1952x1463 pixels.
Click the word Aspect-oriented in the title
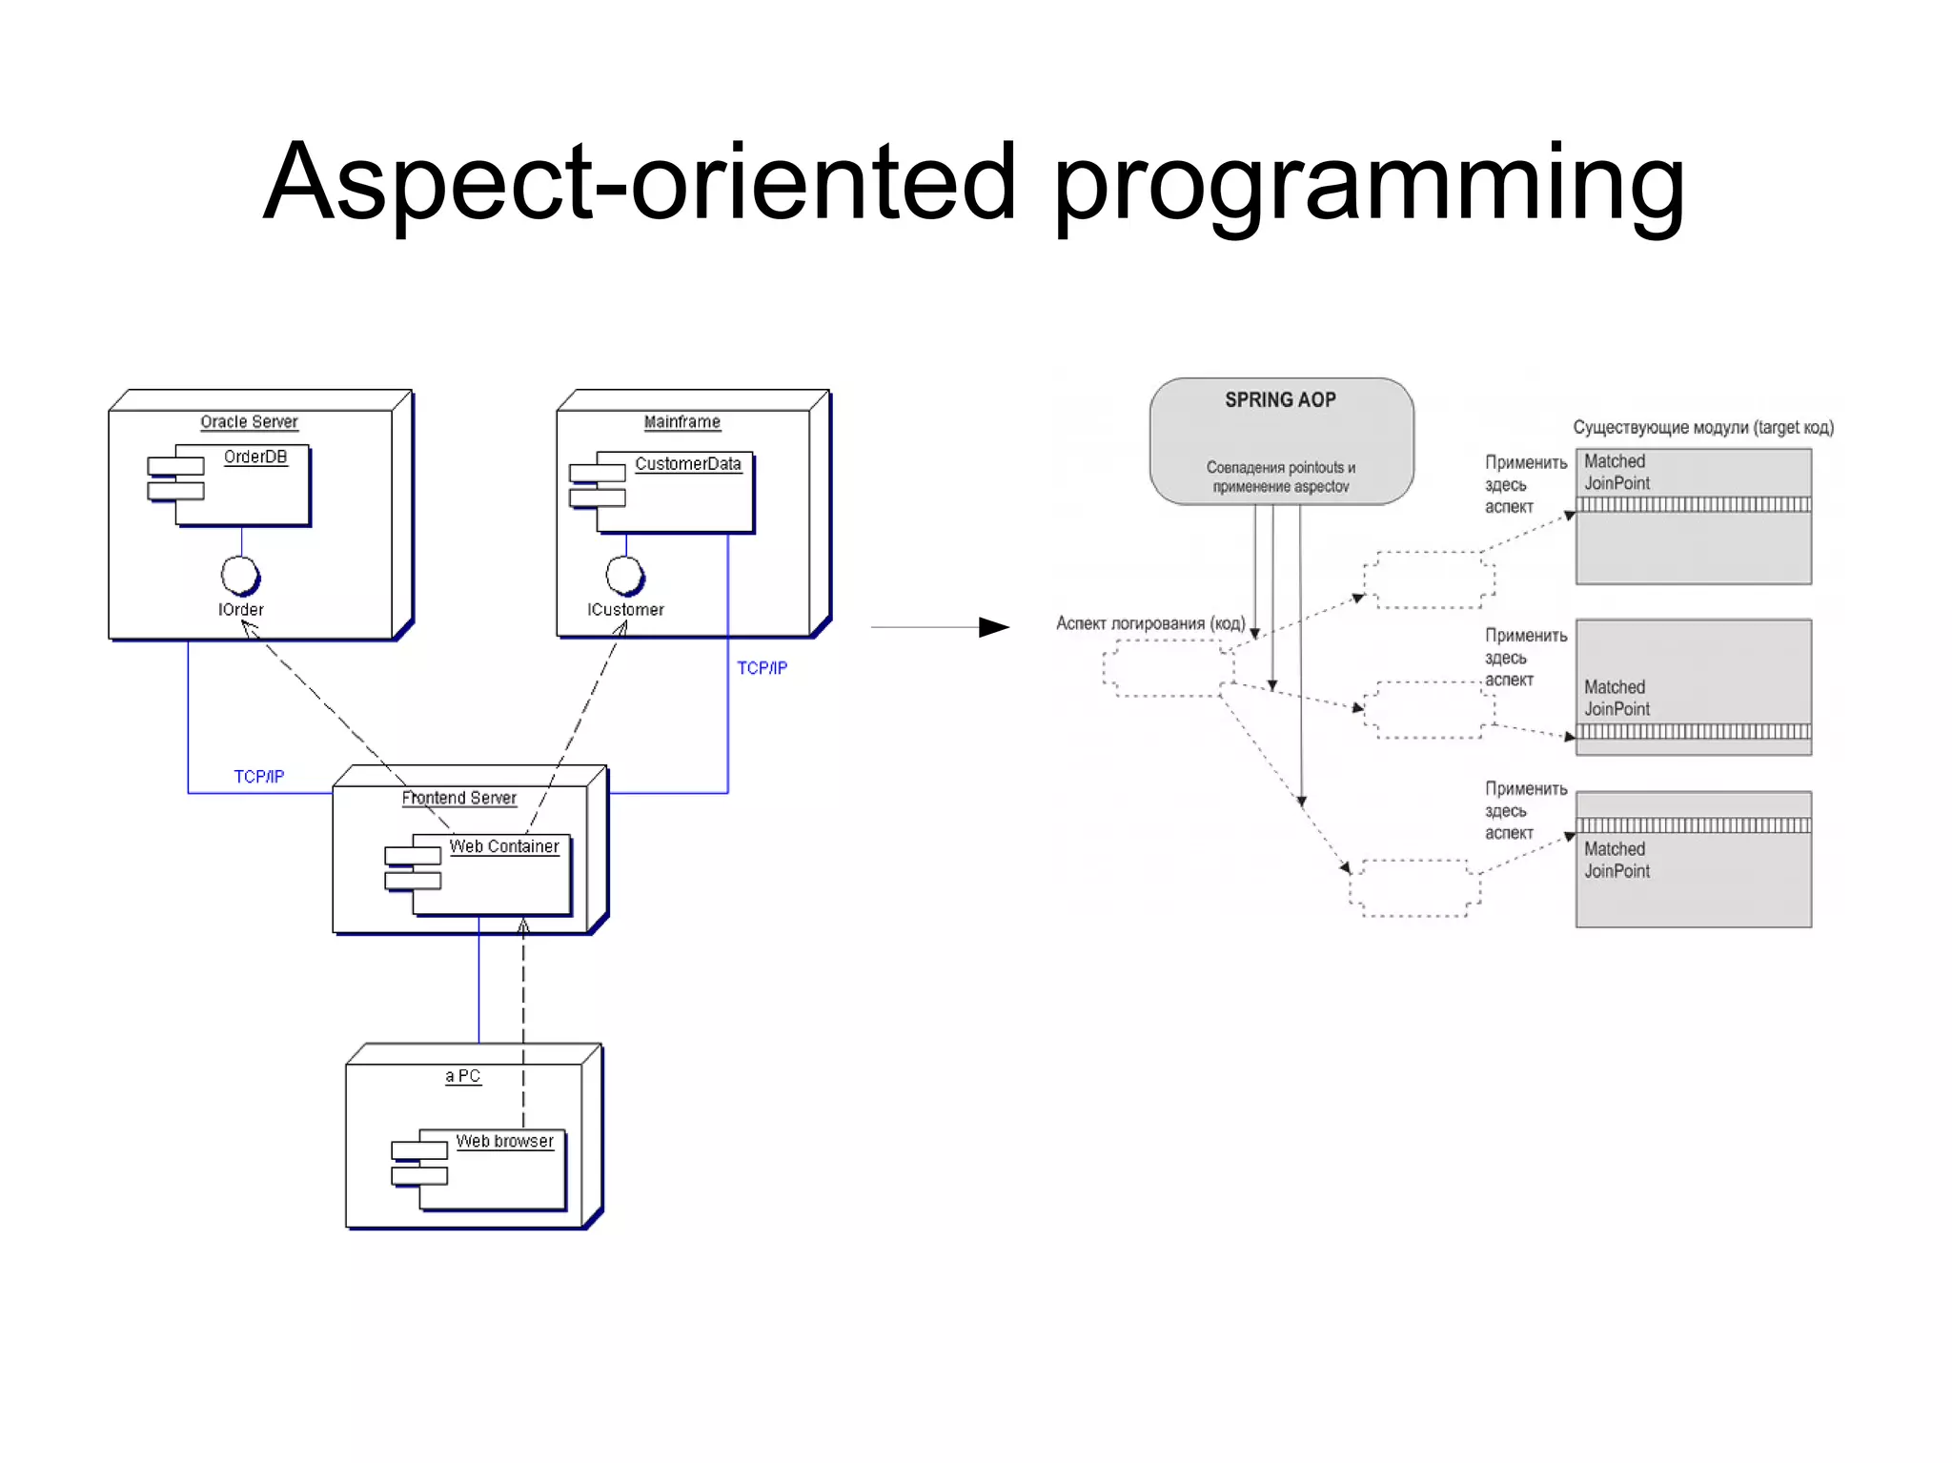click(x=640, y=181)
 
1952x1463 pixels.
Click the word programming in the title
click(x=1369, y=183)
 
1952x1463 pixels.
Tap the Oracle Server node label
click(x=249, y=421)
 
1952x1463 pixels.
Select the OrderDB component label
click(x=254, y=457)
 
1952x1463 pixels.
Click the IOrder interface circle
click(x=239, y=575)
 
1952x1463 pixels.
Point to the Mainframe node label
click(x=681, y=421)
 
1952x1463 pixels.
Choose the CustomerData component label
click(x=687, y=463)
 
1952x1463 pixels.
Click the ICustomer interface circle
click(x=624, y=574)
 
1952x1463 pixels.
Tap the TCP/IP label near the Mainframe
click(x=762, y=668)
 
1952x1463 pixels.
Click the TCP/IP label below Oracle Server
click(x=258, y=777)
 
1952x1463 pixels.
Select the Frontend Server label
click(x=458, y=798)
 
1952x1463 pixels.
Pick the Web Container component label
click(x=503, y=846)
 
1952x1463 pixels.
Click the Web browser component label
click(x=504, y=1141)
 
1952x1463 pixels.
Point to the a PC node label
click(x=462, y=1075)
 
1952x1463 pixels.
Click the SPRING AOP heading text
click(x=1280, y=399)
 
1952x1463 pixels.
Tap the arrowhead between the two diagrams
click(x=994, y=627)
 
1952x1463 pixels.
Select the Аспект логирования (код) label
click(x=1149, y=623)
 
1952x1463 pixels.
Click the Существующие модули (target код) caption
click(x=1702, y=427)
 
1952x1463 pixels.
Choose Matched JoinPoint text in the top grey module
click(x=1616, y=472)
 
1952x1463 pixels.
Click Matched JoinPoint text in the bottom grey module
click(x=1616, y=860)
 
